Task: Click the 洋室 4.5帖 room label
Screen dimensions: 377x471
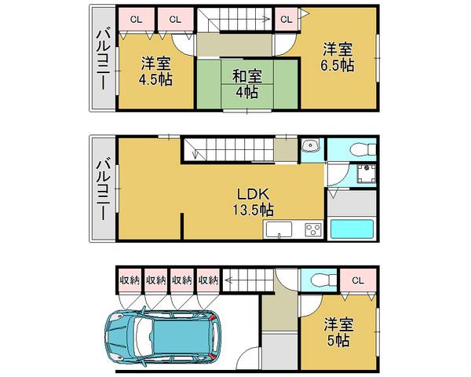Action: (x=157, y=71)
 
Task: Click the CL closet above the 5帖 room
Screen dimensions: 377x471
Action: (x=357, y=280)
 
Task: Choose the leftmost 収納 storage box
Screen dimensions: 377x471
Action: (x=130, y=280)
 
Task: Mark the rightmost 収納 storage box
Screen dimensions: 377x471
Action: (x=208, y=280)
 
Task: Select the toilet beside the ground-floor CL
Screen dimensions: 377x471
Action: (x=320, y=280)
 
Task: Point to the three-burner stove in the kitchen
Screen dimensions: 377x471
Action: (x=312, y=230)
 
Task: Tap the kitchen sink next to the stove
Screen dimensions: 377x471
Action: (x=279, y=230)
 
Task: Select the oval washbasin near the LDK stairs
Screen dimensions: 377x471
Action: (x=311, y=147)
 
